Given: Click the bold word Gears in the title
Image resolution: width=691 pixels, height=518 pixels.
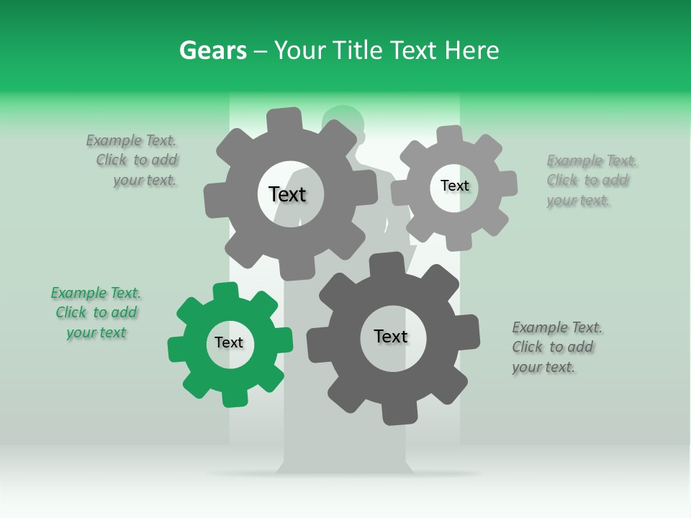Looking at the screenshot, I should click(212, 50).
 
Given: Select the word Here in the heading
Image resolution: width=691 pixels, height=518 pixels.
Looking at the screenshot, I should click(472, 50).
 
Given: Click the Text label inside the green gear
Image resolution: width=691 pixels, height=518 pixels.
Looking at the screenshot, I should click(229, 343).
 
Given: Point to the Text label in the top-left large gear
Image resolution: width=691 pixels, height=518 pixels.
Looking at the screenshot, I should click(287, 194).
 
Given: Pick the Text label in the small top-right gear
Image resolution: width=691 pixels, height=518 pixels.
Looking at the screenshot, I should click(454, 186).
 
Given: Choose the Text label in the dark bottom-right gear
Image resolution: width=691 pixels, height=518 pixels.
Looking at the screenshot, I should click(391, 336).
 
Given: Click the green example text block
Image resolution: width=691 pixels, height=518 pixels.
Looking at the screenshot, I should click(96, 312).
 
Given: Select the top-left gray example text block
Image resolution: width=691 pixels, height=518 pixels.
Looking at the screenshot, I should click(132, 160).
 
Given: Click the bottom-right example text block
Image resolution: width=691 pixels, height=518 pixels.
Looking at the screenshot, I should click(556, 347).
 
